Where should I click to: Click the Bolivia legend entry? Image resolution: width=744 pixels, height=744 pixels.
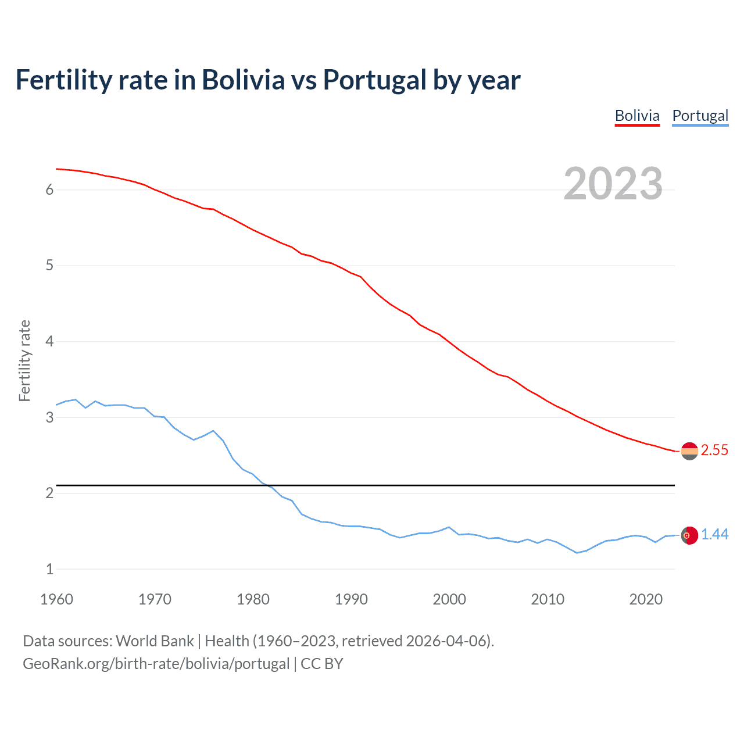pyautogui.click(x=637, y=116)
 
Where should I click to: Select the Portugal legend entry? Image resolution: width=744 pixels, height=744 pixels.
pyautogui.click(x=700, y=116)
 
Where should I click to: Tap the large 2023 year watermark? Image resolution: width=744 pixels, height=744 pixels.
pyautogui.click(x=613, y=184)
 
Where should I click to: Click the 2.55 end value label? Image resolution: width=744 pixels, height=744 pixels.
pyautogui.click(x=714, y=450)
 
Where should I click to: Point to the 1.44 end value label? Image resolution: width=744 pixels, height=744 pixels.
pyautogui.click(x=714, y=535)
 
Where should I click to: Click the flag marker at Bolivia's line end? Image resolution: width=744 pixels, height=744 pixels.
pyautogui.click(x=689, y=451)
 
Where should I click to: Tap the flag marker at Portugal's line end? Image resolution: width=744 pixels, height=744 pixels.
pyautogui.click(x=689, y=535)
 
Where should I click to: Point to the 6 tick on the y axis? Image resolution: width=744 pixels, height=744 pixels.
pyautogui.click(x=49, y=190)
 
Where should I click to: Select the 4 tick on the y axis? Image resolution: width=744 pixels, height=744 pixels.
pyautogui.click(x=49, y=342)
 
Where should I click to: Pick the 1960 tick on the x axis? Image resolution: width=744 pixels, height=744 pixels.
pyautogui.click(x=56, y=599)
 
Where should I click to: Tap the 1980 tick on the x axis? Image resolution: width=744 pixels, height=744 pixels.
pyautogui.click(x=253, y=599)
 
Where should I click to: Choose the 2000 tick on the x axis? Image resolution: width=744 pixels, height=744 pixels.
pyautogui.click(x=449, y=599)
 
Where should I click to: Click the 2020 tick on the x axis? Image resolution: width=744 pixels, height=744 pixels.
pyautogui.click(x=646, y=599)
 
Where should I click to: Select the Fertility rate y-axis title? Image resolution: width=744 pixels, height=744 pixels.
pyautogui.click(x=24, y=360)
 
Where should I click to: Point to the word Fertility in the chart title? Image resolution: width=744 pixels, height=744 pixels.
pyautogui.click(x=62, y=80)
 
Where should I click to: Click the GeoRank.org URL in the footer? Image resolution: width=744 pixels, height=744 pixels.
pyautogui.click(x=156, y=664)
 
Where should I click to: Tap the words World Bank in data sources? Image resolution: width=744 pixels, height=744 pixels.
pyautogui.click(x=155, y=641)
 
